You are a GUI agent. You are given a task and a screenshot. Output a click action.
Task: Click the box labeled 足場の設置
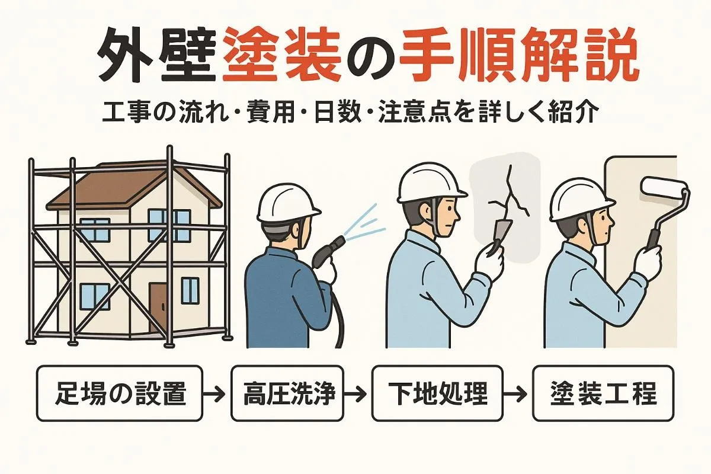(119, 393)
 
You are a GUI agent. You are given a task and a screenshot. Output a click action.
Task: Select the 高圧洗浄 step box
(287, 393)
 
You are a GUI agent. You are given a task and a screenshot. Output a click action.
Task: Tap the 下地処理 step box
(437, 393)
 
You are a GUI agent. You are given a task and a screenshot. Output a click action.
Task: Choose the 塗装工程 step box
(603, 393)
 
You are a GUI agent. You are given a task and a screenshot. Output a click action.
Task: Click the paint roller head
(659, 188)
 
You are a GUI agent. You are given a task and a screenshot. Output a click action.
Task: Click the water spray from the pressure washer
(365, 222)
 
